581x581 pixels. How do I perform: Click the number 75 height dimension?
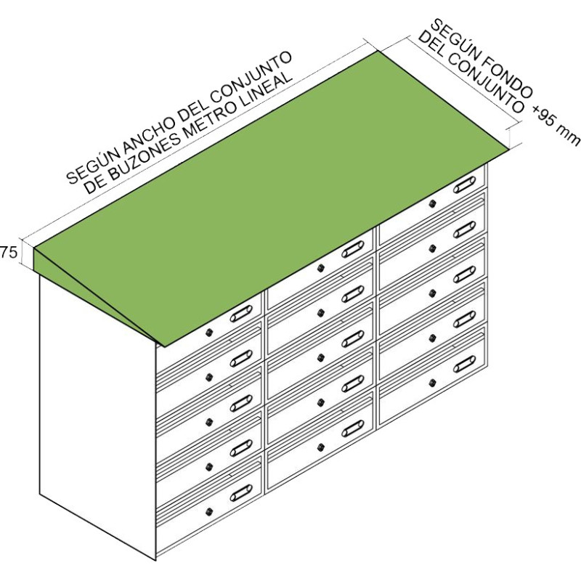tap(9, 253)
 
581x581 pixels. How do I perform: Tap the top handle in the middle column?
tap(353, 251)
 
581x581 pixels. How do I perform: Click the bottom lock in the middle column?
tap(320, 447)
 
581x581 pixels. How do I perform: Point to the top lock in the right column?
tap(431, 204)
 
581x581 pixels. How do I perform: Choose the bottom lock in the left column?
tap(209, 511)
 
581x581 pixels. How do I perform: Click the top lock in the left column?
tap(209, 332)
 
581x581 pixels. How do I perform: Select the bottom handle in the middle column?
tap(353, 428)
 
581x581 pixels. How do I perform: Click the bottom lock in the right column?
tap(431, 382)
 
